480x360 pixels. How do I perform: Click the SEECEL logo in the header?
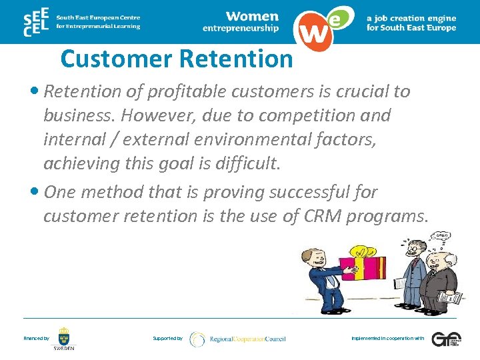[37, 21]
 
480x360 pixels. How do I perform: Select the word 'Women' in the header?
[251, 15]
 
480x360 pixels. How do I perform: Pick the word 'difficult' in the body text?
[246, 163]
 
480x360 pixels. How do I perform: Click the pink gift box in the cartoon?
[364, 270]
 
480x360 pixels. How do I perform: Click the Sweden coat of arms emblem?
[64, 335]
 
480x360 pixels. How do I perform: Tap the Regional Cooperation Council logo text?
[247, 339]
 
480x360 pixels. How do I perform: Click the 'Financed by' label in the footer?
[36, 339]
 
